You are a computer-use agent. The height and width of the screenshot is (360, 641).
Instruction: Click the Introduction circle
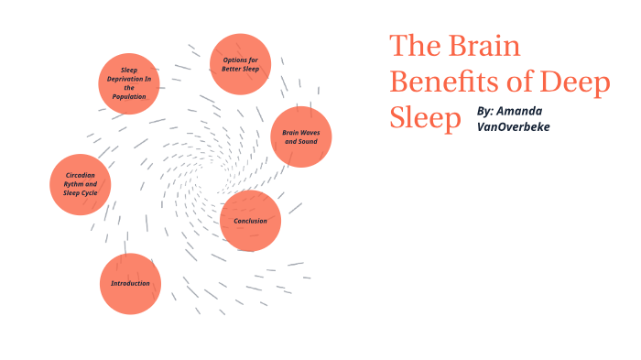[130, 284]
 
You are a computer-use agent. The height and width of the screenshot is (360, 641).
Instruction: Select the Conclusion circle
[250, 221]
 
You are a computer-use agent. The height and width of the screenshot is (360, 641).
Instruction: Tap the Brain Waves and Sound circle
[301, 136]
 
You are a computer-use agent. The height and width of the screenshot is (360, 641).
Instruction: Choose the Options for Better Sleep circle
[241, 64]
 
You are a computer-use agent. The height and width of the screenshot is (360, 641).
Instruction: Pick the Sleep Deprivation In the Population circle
[129, 83]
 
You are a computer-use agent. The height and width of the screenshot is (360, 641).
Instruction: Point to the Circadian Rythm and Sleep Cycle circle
[81, 184]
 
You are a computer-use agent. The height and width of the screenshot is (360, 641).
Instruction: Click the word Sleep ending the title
[425, 118]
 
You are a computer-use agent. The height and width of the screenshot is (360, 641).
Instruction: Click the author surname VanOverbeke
[514, 126]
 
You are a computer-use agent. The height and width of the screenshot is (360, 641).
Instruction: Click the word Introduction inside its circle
[130, 284]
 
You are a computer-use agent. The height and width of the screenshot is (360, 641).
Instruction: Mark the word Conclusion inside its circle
[250, 221]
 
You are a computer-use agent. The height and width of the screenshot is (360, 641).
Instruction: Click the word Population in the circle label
[129, 96]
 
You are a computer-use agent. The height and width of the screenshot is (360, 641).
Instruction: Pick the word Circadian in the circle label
[81, 174]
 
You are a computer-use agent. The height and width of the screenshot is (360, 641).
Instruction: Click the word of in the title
[520, 82]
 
